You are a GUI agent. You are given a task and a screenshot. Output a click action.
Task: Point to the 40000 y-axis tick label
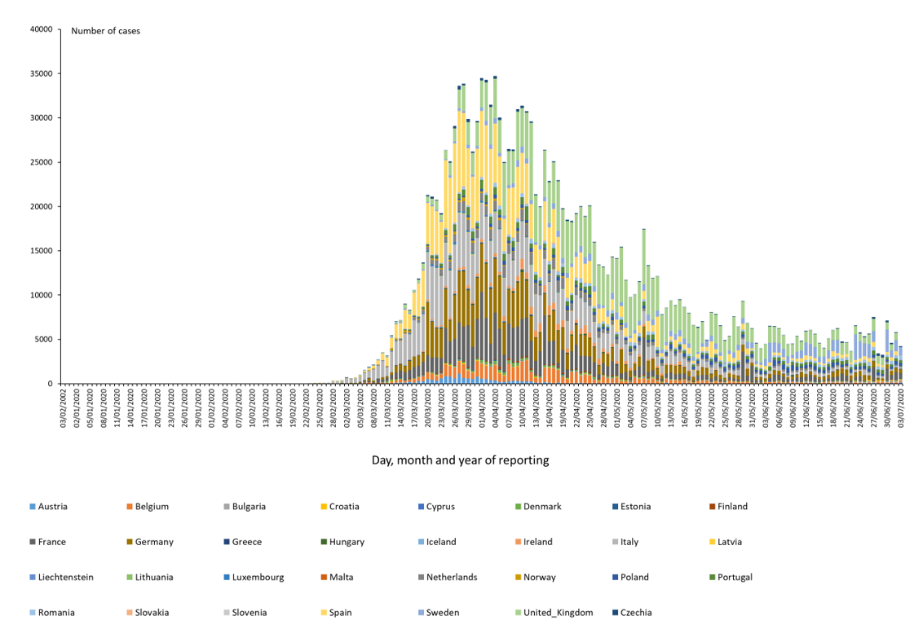(41, 29)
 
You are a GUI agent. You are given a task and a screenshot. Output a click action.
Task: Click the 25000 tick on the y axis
(41, 162)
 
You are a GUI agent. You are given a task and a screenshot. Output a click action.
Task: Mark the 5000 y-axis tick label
(43, 339)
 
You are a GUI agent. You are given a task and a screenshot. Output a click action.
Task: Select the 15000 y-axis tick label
(41, 251)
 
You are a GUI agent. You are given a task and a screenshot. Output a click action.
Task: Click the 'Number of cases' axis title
(105, 31)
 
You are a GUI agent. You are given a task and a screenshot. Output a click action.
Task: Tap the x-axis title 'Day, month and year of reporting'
(460, 460)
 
